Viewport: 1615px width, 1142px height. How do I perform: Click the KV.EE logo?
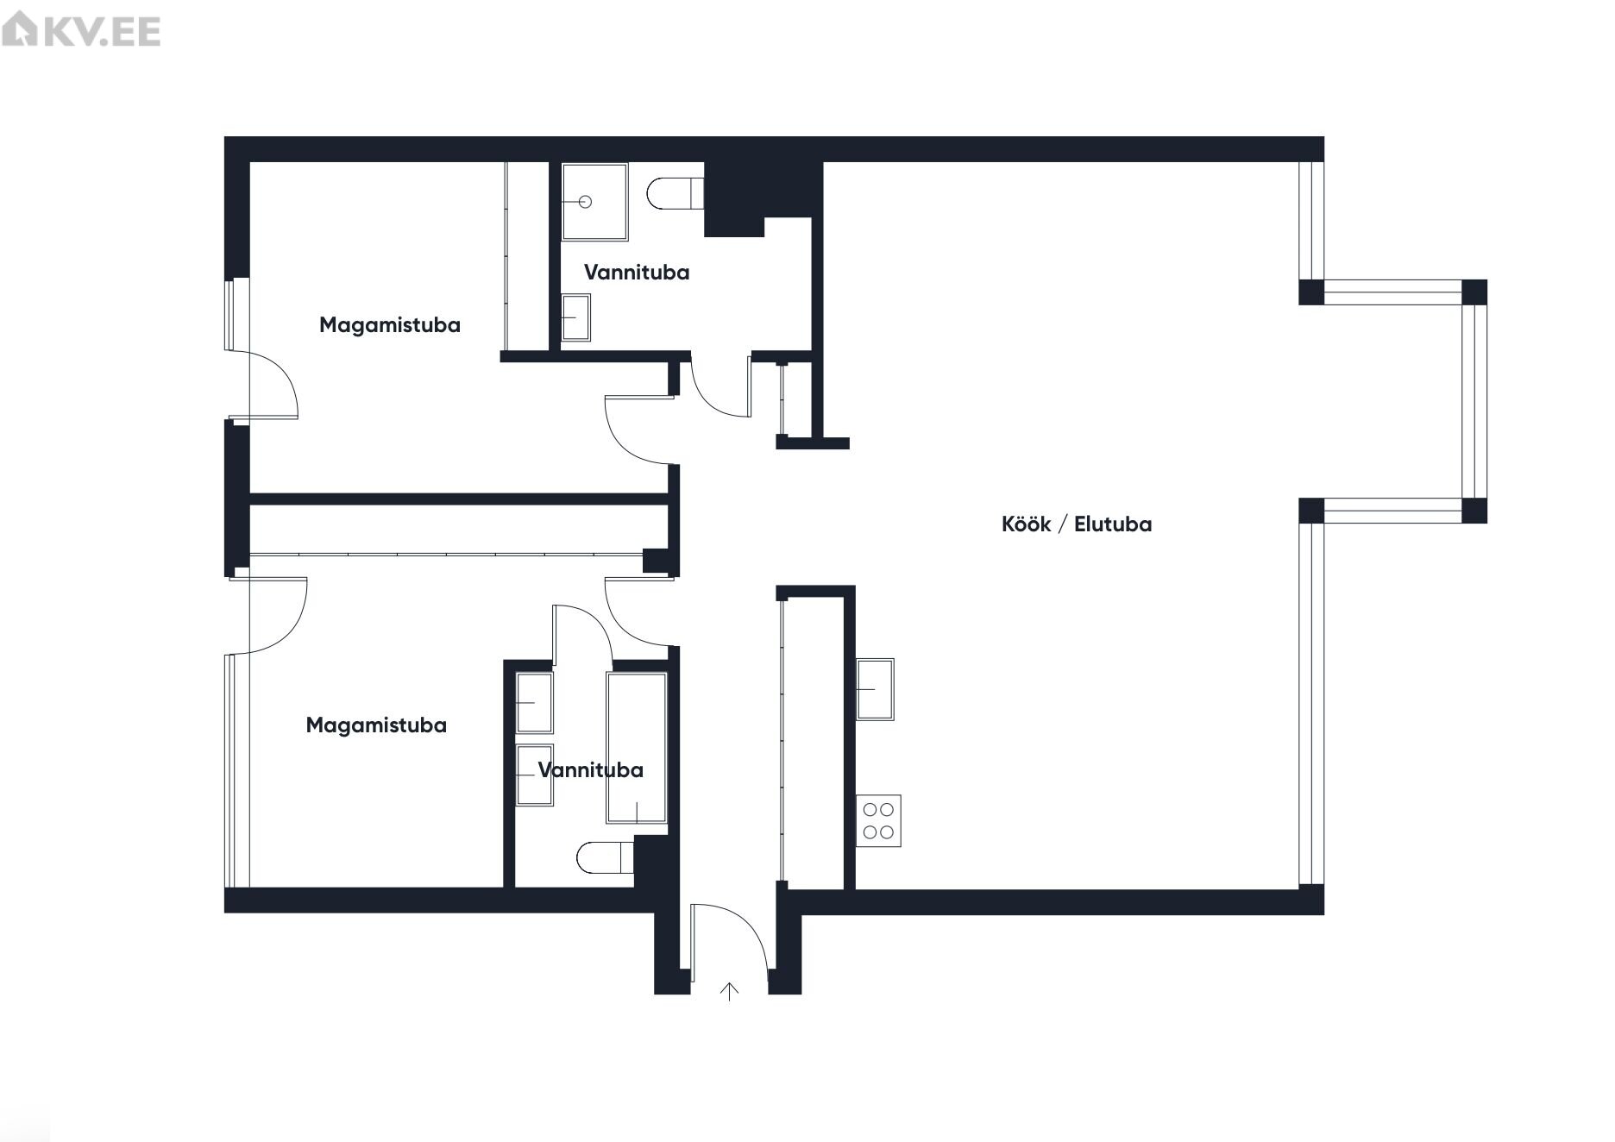(81, 31)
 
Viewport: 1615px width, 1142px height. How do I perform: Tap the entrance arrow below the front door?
(730, 992)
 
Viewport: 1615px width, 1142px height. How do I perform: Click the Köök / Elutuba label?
(1076, 524)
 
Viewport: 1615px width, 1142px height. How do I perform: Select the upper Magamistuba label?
(390, 325)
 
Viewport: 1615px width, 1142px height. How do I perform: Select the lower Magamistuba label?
(376, 725)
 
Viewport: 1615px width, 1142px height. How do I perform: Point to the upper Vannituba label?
(637, 273)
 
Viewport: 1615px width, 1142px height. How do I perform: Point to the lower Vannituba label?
(591, 770)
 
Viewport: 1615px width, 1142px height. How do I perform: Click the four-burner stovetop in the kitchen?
(878, 820)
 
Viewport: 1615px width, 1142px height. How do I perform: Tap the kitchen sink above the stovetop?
(875, 689)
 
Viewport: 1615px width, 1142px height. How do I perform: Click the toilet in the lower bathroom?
(606, 857)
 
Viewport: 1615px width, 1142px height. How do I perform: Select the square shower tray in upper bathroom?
(594, 202)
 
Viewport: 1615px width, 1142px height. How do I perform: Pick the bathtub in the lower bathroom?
(637, 748)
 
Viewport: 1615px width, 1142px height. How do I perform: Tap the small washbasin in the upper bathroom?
(575, 317)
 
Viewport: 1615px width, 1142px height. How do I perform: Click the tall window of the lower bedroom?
(237, 770)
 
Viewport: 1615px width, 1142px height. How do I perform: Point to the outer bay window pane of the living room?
(1474, 402)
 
